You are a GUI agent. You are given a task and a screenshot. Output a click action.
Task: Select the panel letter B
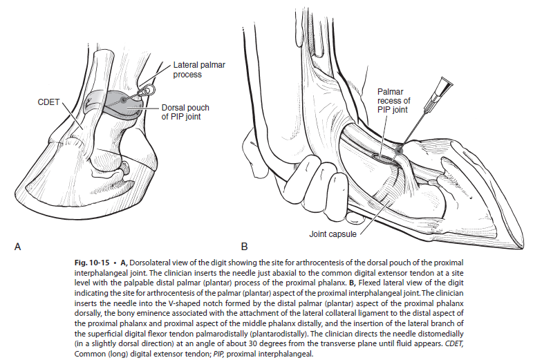pos(243,246)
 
